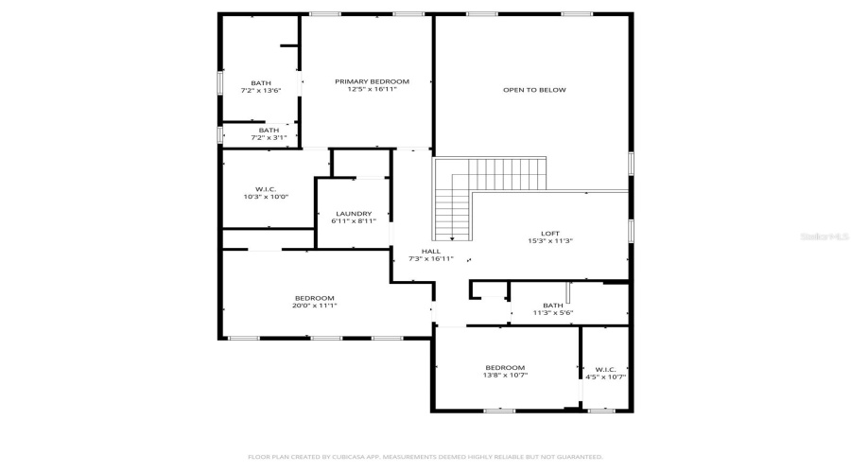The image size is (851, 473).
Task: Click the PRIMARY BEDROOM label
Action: coord(372,81)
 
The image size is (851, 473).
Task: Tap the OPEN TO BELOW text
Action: coord(533,90)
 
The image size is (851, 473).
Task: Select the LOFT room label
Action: coord(550,234)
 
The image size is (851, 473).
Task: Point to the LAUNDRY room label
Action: coord(354,214)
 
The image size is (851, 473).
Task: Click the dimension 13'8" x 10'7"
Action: coord(505,376)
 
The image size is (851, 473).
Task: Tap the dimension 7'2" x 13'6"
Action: coord(261,91)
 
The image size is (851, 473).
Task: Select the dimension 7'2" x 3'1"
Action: coord(269,137)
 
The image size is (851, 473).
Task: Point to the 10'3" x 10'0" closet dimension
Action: coord(266,197)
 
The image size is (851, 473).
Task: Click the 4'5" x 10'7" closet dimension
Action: coord(605,377)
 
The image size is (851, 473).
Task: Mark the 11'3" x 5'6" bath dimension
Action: coord(553,312)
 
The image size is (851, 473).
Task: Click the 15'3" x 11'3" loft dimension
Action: coord(550,241)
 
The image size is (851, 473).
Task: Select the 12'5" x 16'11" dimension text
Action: coord(372,90)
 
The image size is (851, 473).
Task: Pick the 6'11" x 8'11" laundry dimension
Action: coord(354,221)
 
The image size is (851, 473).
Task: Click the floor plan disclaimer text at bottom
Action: coord(425,456)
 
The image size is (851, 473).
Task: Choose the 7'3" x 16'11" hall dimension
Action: coord(430,258)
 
